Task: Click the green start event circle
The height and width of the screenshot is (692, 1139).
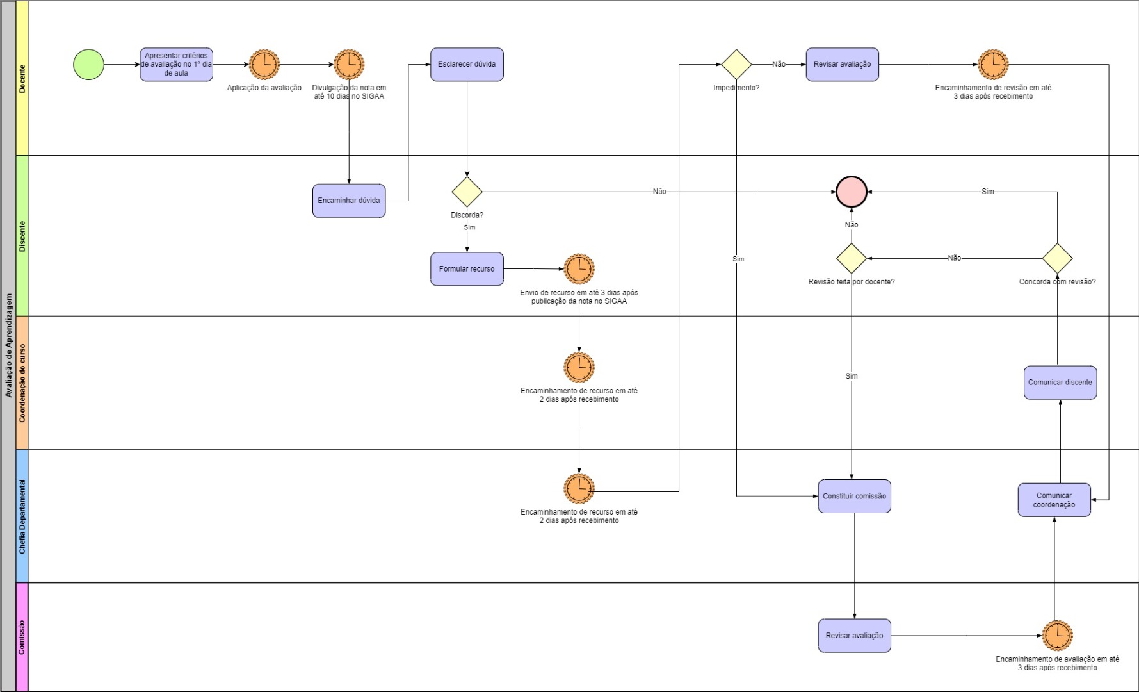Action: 88,65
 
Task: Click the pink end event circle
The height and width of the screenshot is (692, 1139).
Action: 852,192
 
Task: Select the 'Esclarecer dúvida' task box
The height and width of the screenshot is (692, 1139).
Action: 467,65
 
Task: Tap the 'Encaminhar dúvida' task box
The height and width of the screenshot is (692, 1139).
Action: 349,201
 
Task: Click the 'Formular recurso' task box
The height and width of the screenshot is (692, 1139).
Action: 467,269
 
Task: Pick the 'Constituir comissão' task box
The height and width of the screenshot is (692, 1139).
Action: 854,497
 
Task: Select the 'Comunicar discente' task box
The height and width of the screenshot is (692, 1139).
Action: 1060,383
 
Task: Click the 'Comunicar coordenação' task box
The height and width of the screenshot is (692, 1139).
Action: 1054,500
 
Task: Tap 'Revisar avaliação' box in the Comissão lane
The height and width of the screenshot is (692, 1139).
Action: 854,636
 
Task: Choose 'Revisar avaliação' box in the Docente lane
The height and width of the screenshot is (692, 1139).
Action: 842,65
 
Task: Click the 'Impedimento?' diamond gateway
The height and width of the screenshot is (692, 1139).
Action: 736,65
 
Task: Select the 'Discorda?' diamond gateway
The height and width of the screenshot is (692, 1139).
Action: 467,192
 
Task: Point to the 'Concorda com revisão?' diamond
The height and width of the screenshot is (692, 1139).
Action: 1057,258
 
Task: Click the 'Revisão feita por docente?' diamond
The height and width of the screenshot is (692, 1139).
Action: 852,258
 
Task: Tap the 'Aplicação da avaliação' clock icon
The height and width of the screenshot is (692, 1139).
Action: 264,65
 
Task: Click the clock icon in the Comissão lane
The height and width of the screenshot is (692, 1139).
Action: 1057,636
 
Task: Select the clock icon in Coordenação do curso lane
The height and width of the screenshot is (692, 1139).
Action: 579,368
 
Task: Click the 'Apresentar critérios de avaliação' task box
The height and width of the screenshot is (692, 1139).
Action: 176,65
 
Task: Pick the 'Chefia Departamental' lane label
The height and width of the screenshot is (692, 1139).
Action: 22,516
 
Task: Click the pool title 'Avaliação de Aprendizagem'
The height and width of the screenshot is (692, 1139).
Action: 8,346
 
